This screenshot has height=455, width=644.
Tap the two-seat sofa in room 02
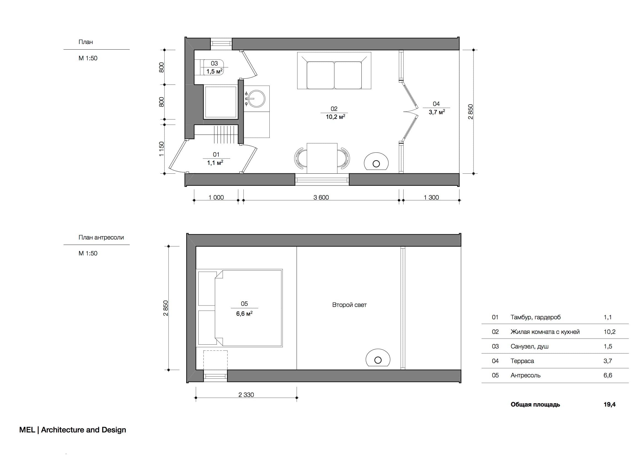(x=334, y=71)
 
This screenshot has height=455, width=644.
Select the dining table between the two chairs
(x=322, y=158)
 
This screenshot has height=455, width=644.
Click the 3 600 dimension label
(x=321, y=197)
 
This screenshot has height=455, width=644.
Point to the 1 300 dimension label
(x=431, y=197)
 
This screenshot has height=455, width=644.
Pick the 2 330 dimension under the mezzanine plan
(x=246, y=395)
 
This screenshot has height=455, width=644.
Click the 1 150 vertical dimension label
(x=161, y=149)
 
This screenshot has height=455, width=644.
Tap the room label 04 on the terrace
(x=436, y=104)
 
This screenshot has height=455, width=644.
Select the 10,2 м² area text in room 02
(x=335, y=117)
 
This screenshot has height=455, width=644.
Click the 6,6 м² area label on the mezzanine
(x=244, y=314)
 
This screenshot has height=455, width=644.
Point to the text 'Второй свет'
(x=349, y=305)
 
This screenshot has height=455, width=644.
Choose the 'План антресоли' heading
(x=101, y=238)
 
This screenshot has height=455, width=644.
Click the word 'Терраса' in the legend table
(x=522, y=361)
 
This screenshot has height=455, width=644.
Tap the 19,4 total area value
(x=610, y=405)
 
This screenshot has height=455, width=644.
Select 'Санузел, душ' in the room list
(x=529, y=347)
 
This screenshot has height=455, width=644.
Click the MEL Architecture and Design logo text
(x=73, y=430)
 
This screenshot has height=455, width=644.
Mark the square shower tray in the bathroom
(x=220, y=102)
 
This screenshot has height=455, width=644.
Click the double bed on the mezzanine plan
(x=239, y=308)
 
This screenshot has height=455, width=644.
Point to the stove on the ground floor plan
(x=376, y=162)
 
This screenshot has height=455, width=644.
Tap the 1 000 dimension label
(x=216, y=197)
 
